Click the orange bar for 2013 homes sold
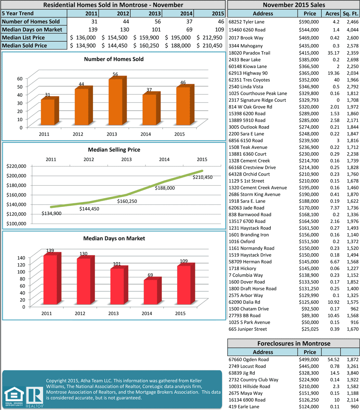[115, 102]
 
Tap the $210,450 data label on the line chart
[202, 177]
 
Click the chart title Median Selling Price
[114, 150]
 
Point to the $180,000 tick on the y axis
[16, 185]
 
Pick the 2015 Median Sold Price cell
[210, 46]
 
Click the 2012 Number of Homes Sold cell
[114, 22]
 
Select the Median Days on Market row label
[32, 29]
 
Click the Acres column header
[332, 14]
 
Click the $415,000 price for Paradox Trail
[309, 53]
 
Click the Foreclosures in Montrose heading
[293, 343]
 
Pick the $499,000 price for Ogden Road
[309, 359]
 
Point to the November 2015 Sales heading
[293, 5]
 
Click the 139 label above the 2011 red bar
[50, 250]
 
